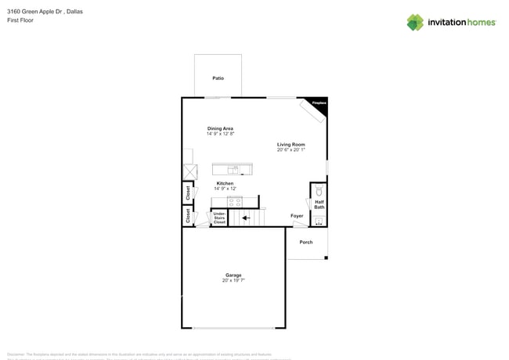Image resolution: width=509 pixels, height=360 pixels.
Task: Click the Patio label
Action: [218, 78]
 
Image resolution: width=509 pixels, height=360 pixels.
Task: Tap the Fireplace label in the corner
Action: [319, 103]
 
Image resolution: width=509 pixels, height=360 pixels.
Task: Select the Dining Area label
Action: [220, 128]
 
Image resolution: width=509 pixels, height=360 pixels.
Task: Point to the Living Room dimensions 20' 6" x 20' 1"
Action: [291, 150]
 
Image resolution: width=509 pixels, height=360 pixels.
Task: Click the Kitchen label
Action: [225, 183]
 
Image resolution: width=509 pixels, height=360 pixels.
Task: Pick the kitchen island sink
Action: [233, 169]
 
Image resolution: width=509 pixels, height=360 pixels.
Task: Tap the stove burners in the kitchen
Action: [234, 202]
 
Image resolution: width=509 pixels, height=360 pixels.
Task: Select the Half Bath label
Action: [319, 204]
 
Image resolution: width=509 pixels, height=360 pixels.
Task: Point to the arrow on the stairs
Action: [245, 218]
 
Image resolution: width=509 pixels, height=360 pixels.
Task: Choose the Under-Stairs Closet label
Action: [219, 218]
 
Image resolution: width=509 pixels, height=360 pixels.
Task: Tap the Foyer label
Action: [297, 216]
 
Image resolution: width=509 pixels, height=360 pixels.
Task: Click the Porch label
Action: [306, 242]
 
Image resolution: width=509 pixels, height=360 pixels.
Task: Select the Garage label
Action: [233, 275]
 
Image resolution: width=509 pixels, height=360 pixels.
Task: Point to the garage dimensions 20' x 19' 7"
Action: [233, 280]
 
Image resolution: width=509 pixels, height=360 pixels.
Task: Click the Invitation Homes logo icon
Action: [415, 22]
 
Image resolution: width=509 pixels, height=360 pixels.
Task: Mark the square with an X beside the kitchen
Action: [190, 171]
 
